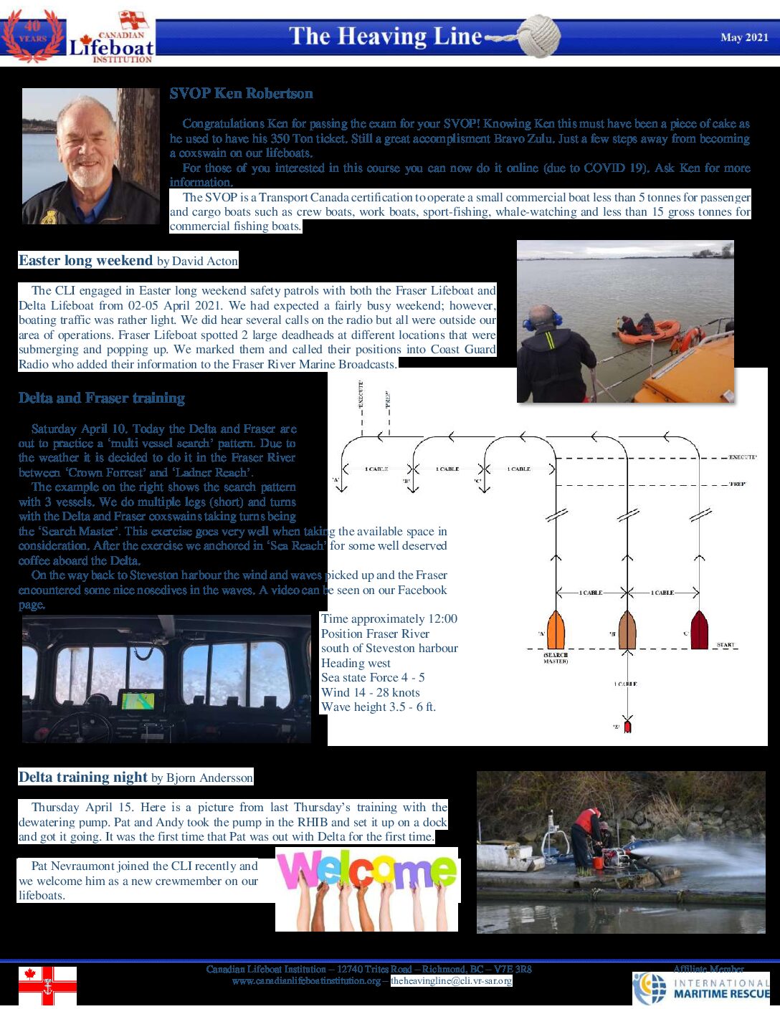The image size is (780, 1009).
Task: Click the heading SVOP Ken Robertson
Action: point(241,93)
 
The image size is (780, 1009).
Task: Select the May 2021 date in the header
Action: point(744,37)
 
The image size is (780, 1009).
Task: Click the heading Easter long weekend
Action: point(85,261)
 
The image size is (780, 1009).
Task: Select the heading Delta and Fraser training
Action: point(102,398)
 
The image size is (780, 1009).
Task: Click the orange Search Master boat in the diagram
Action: point(556,630)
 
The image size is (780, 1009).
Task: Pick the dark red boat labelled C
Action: point(699,630)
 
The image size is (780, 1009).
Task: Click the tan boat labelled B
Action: point(627,630)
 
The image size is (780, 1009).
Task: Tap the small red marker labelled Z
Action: point(627,726)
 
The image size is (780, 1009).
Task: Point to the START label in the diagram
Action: point(726,645)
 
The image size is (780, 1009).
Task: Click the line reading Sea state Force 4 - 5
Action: point(373,678)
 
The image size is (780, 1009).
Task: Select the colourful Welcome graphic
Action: point(366,889)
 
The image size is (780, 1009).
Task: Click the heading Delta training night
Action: point(83,778)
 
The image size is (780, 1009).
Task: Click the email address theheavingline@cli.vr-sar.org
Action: point(452,981)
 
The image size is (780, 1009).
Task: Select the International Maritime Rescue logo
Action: point(700,988)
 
